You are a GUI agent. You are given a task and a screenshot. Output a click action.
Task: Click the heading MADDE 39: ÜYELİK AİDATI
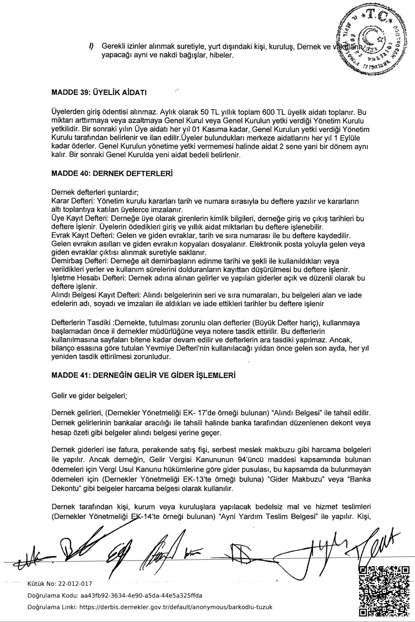click(x=99, y=92)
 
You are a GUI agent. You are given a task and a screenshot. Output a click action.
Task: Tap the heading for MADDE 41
click(x=143, y=375)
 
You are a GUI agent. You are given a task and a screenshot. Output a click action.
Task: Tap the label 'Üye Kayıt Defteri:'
click(x=77, y=218)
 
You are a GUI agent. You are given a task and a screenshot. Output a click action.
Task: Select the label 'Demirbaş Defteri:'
click(x=77, y=261)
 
